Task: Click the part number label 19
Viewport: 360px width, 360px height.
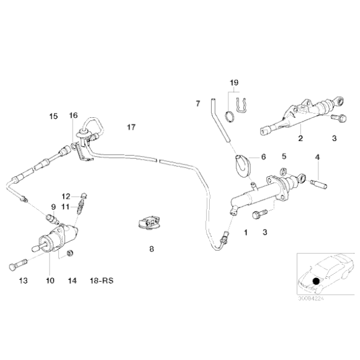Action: (233, 83)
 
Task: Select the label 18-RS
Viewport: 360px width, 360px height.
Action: (102, 281)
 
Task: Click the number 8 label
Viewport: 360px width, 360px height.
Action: (150, 250)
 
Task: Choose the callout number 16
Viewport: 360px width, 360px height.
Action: (73, 115)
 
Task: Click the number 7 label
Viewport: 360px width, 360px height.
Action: (197, 102)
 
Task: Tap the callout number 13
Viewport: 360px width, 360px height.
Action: (23, 281)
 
